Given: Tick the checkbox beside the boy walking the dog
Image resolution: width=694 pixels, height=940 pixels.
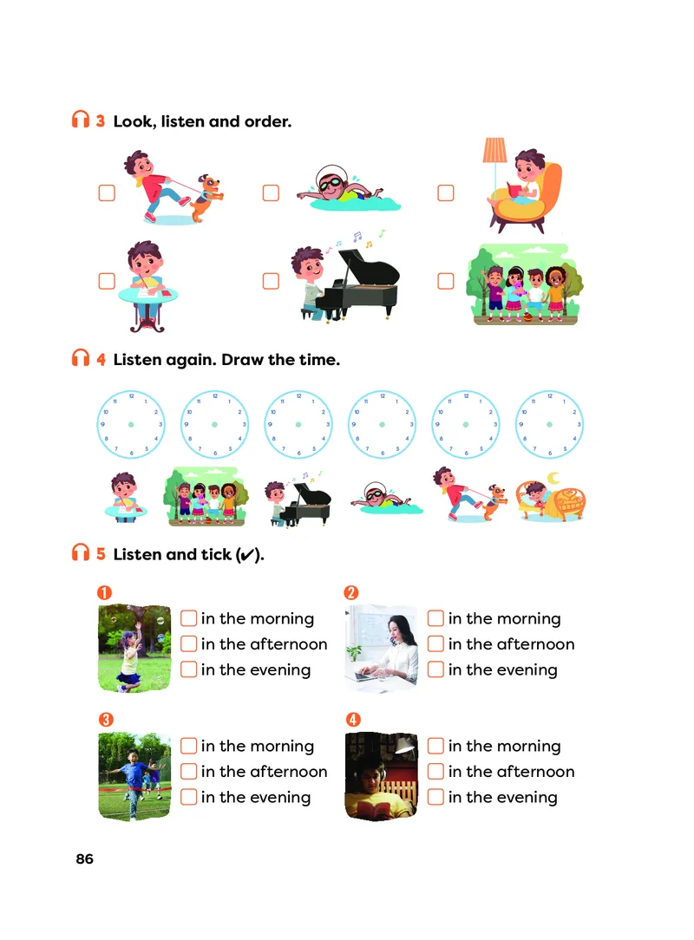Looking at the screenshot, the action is click(x=107, y=193).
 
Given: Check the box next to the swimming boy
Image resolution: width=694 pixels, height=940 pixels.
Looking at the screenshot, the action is click(x=272, y=193).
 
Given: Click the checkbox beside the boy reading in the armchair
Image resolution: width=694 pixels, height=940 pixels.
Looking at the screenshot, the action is click(x=446, y=193).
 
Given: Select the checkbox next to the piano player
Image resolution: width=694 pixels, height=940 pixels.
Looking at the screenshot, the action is click(x=272, y=281).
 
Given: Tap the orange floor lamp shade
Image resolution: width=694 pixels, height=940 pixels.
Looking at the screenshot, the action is click(x=494, y=151).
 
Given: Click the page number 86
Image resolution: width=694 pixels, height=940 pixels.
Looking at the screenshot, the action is click(x=84, y=859).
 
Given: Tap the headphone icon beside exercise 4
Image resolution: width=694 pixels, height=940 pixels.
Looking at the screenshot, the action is click(x=81, y=358).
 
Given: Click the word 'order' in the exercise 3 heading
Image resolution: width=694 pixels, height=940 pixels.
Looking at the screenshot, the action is click(x=267, y=121).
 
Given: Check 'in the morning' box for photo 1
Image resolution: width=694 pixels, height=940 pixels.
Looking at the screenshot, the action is click(x=189, y=618).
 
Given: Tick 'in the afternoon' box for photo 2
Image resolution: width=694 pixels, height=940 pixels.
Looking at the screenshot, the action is click(x=436, y=643).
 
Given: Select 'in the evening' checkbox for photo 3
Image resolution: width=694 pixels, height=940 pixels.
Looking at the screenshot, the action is click(x=189, y=797).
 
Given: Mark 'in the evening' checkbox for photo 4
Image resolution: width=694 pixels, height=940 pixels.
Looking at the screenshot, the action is click(x=436, y=797).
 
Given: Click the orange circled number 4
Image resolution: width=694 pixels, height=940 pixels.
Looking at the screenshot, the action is click(x=353, y=720).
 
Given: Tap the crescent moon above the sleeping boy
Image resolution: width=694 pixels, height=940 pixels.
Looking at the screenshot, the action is click(x=553, y=478).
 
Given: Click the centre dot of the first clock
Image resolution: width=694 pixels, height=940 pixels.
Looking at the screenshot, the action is click(x=131, y=424).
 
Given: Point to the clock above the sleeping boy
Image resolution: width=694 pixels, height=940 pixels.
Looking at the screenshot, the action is click(x=549, y=424).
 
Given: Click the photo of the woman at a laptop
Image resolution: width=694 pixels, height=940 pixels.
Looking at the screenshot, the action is click(x=382, y=648).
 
